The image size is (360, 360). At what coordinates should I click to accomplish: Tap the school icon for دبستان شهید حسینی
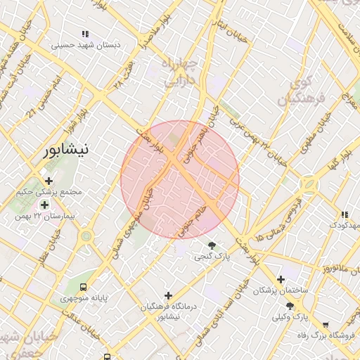[x=85, y=34]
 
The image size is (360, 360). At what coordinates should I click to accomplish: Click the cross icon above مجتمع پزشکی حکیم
[x=49, y=181]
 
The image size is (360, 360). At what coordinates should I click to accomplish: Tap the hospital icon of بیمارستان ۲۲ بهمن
[x=45, y=205]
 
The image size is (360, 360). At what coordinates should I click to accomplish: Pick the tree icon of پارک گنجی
[x=212, y=245]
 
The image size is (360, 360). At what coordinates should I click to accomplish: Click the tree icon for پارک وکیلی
[x=290, y=306]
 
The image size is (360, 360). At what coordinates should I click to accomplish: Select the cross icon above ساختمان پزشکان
[x=281, y=279]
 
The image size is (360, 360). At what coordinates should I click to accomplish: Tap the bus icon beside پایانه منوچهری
[x=84, y=287]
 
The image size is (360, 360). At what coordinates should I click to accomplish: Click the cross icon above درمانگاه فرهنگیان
[x=167, y=295]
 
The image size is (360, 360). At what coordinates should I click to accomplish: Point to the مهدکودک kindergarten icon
[x=345, y=214]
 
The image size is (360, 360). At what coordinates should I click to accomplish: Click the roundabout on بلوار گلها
[x=308, y=186]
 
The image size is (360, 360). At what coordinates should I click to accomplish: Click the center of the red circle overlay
[x=180, y=179]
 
